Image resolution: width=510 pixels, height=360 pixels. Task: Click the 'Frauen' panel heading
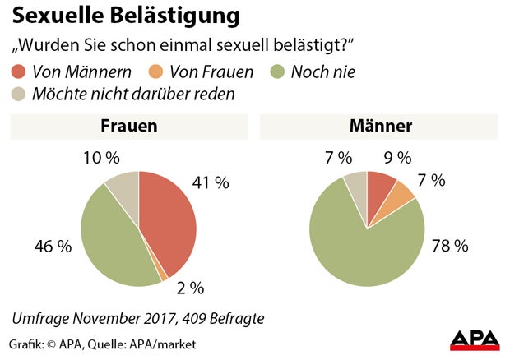pyautogui.click(x=128, y=127)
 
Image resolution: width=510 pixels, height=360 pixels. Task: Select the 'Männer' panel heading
pyautogui.click(x=380, y=127)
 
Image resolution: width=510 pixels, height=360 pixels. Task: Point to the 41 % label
pyautogui.click(x=210, y=183)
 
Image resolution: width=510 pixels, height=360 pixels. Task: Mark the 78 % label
pyautogui.click(x=448, y=246)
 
